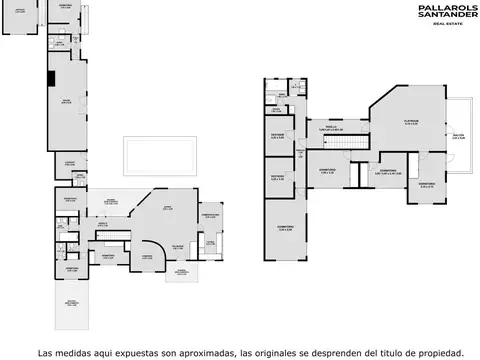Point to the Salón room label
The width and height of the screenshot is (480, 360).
[66, 102]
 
